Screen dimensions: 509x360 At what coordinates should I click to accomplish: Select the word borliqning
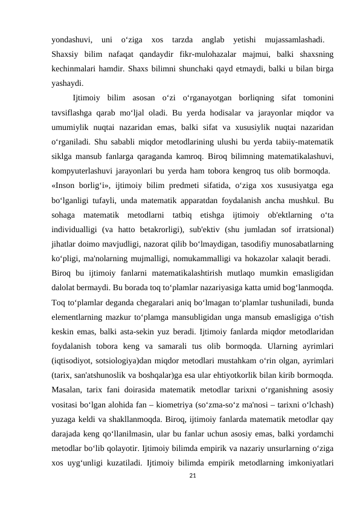point(249,98)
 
